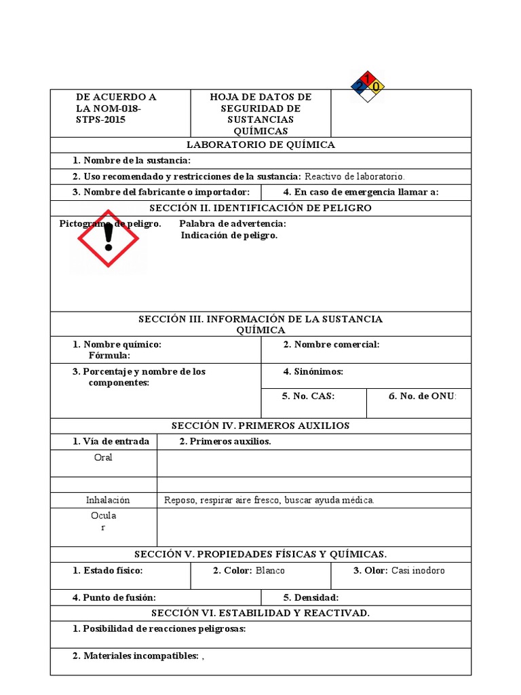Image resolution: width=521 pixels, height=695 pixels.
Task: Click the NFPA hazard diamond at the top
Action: tap(368, 86)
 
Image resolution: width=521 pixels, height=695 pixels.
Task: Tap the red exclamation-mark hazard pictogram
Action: tap(108, 239)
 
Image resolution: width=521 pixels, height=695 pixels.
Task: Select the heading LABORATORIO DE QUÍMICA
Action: tap(260, 145)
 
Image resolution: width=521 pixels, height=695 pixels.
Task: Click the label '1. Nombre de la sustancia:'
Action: tap(132, 160)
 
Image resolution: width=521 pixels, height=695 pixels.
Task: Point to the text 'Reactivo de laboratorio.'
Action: tap(353, 176)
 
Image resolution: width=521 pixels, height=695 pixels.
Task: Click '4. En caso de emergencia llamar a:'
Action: tap(361, 192)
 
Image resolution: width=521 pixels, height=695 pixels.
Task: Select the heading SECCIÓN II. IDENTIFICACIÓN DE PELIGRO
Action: tap(260, 208)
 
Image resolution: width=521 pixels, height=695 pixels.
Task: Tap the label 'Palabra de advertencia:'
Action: tap(233, 224)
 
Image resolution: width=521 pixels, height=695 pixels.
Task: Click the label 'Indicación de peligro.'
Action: tap(229, 236)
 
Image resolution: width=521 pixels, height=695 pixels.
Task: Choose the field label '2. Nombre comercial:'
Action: tap(331, 345)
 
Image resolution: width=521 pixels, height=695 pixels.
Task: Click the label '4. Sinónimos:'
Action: tap(313, 372)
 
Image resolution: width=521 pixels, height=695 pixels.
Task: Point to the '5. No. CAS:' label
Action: tap(308, 396)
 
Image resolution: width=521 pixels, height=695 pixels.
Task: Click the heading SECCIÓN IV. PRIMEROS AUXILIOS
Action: tap(260, 426)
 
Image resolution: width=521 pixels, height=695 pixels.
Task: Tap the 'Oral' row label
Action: tap(103, 457)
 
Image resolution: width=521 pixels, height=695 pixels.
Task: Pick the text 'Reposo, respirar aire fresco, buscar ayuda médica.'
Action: tap(269, 500)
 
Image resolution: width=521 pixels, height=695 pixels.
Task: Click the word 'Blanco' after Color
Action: tap(270, 571)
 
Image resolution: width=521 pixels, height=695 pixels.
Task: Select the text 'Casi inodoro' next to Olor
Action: tap(418, 571)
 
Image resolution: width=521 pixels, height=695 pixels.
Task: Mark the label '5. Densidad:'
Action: tap(311, 598)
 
